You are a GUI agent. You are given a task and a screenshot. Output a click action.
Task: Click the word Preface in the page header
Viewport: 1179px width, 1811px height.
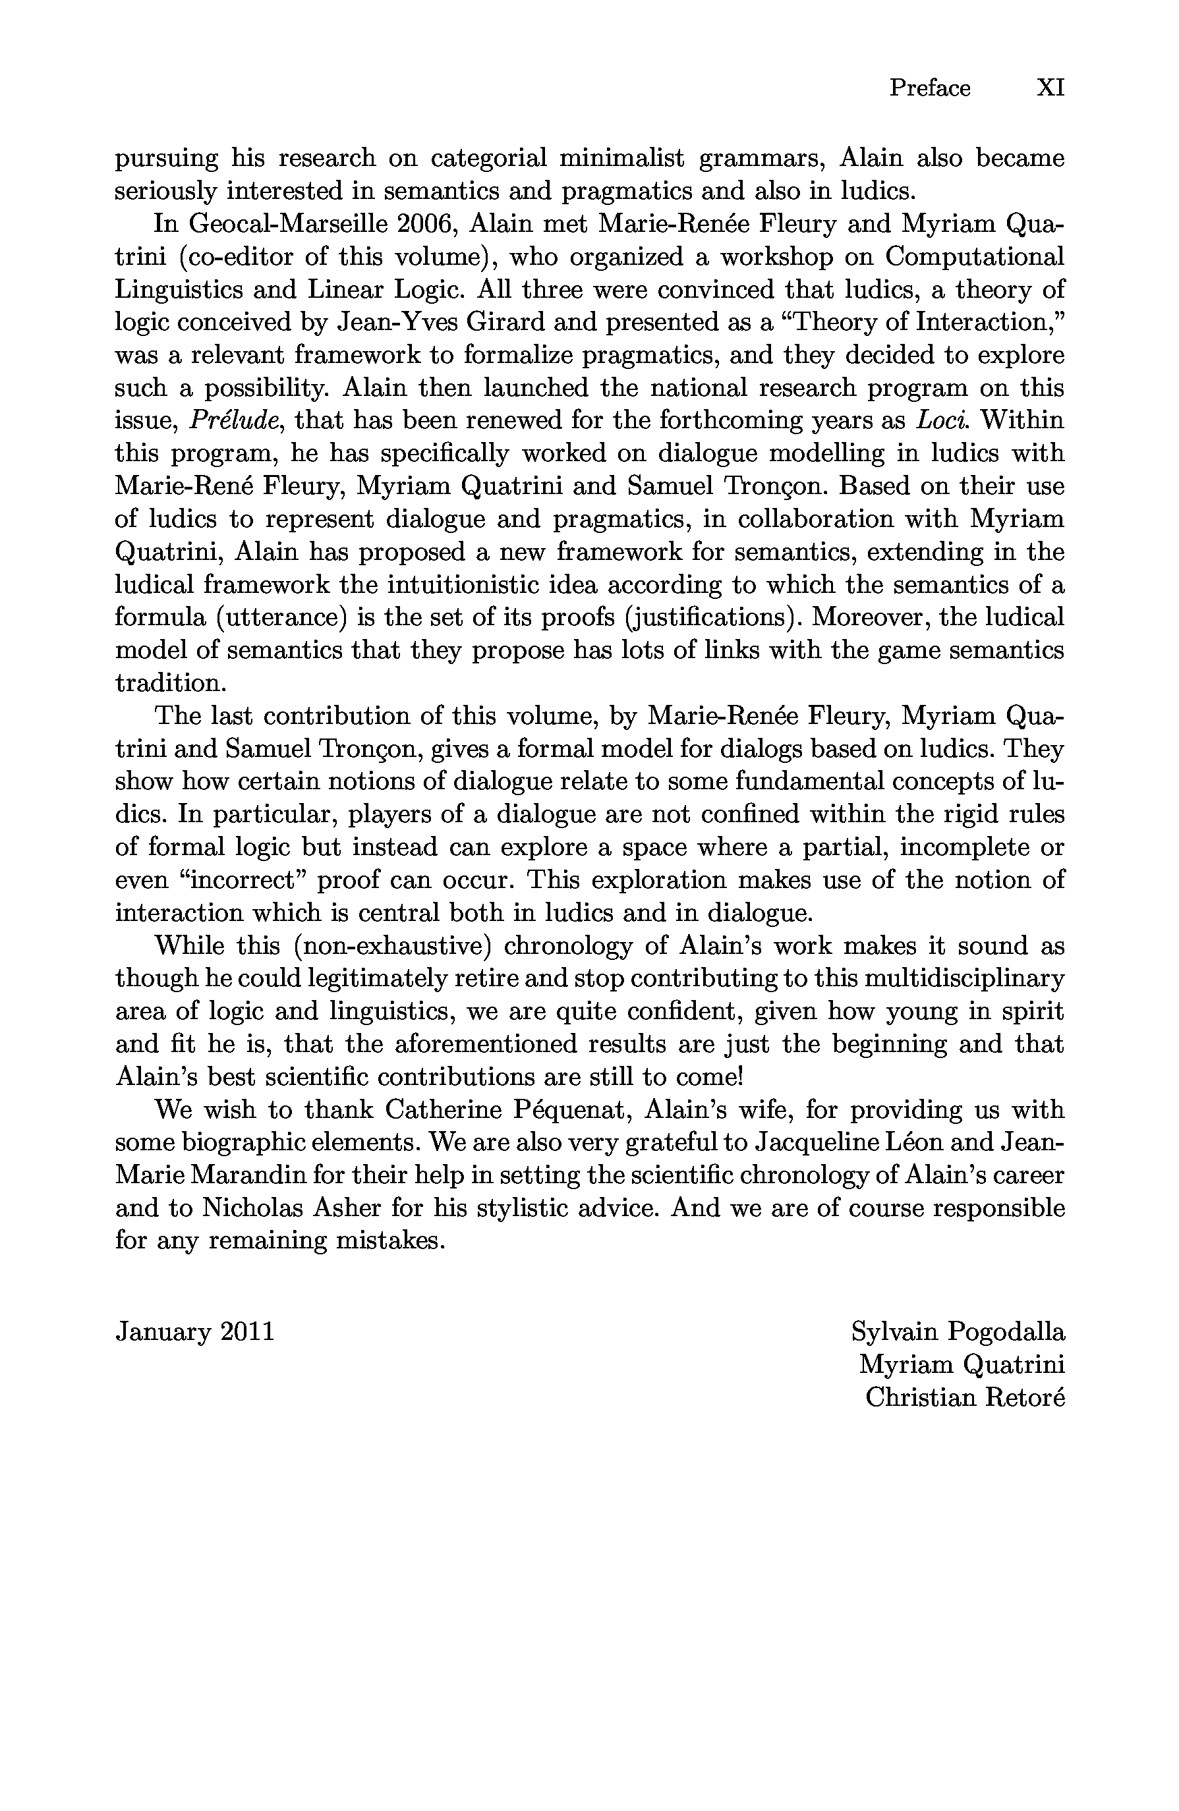[929, 88]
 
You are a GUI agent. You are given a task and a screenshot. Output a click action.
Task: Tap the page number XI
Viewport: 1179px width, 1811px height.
[1050, 88]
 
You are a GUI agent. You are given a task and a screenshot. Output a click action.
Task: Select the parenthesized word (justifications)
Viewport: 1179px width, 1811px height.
[712, 617]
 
